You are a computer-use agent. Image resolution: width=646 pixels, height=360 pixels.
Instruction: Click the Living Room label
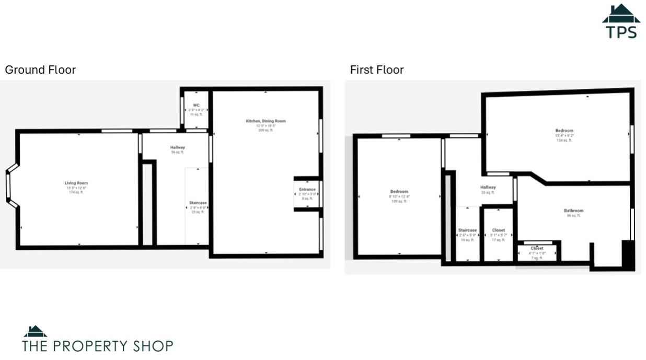pos(76,183)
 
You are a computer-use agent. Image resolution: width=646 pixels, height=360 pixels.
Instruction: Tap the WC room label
pos(196,106)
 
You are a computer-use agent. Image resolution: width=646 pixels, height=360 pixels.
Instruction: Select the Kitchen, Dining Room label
pos(266,121)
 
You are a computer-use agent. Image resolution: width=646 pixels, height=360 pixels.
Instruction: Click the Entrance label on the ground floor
pos(307,189)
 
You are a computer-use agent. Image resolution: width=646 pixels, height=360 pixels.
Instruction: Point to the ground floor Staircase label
pos(198,203)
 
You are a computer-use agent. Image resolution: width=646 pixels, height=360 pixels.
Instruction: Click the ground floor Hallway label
pos(178,147)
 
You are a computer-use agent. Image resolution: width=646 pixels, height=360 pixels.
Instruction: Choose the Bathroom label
pos(573,211)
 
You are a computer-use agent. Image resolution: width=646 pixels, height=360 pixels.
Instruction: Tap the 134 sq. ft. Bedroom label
pos(564,131)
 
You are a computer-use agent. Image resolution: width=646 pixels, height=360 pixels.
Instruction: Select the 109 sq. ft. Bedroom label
pos(399,192)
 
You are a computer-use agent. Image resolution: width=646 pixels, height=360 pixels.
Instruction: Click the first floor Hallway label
pos(488,187)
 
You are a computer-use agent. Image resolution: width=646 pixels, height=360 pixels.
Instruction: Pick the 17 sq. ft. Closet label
pos(499,230)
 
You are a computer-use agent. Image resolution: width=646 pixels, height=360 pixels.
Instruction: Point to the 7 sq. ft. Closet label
pos(537,248)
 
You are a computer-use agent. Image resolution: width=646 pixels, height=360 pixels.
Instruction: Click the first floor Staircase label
pos(467,230)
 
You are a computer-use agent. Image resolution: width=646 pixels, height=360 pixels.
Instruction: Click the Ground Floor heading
pos(40,70)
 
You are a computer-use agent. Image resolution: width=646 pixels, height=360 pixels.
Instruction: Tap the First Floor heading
pos(377,70)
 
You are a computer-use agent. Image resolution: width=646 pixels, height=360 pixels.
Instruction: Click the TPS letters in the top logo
pos(621,31)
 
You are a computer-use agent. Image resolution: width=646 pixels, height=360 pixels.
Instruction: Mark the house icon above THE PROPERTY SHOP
pos(35,331)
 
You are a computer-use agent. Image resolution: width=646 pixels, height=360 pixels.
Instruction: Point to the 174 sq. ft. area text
pos(76,192)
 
